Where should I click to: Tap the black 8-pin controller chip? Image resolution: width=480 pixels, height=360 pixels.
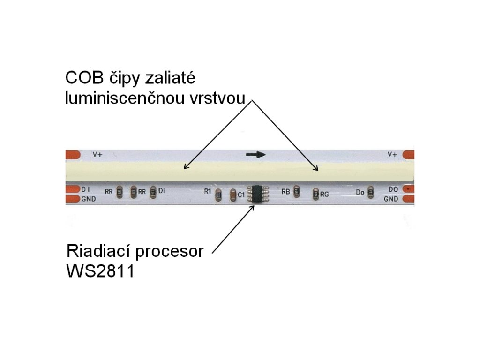257,193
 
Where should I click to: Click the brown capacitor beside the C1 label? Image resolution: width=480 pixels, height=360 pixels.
232,195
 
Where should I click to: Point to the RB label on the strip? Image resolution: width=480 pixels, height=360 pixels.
285,191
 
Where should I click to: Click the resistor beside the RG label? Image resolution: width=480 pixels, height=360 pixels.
315,193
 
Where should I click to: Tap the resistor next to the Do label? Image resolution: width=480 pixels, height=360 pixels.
371,192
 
